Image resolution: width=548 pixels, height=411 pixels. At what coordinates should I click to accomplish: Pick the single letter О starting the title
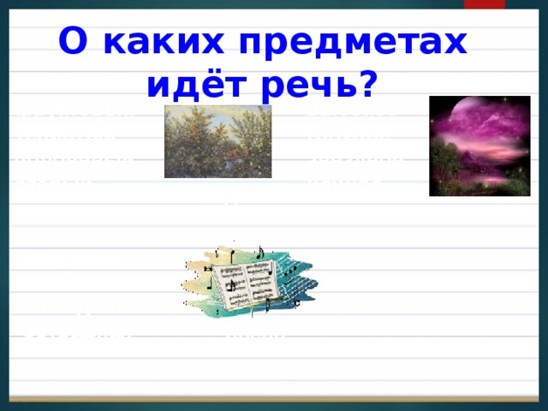click(x=70, y=42)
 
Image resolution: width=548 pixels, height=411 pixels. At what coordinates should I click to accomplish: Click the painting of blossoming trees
click(x=217, y=142)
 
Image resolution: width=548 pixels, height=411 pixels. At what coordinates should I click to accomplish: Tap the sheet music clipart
click(x=249, y=276)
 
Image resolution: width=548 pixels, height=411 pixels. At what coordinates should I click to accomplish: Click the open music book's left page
click(x=229, y=283)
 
